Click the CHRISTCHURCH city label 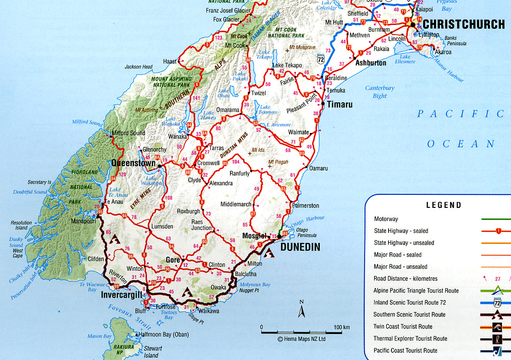coord(463,24)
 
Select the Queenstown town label coord(133,163)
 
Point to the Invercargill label coord(122,295)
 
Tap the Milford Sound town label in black coord(128,133)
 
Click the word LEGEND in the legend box coord(444,205)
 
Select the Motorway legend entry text coord(386,219)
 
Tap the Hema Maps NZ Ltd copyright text coord(302,339)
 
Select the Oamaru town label coord(318,168)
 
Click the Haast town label coord(170,61)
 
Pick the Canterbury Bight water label coord(379,92)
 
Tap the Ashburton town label coord(370,62)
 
